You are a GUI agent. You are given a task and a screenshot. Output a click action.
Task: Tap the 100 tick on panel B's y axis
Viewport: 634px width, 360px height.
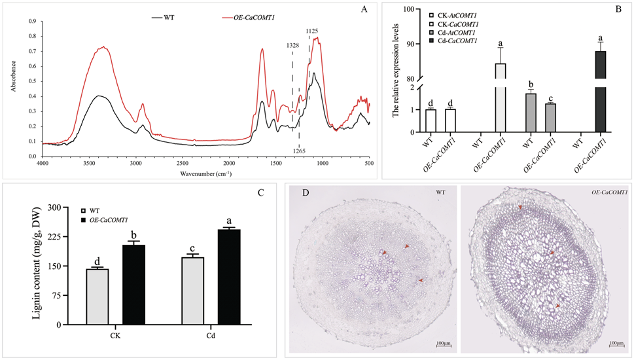(x=409, y=9)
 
